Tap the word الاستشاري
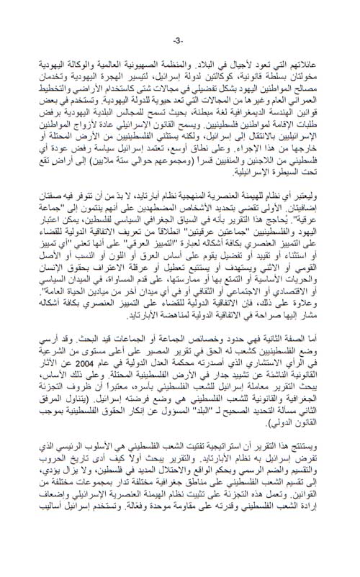[283, 365]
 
